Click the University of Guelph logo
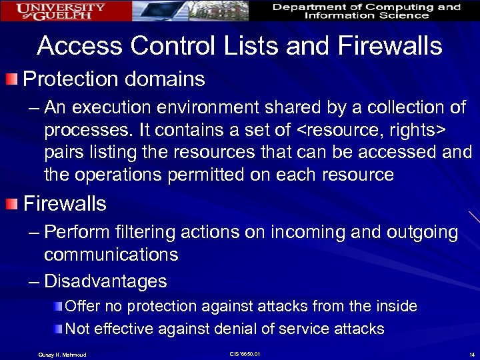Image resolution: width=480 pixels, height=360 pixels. [x=62, y=11]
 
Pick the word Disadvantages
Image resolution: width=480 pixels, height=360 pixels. [x=105, y=281]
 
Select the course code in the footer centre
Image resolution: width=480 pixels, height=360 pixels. [x=244, y=353]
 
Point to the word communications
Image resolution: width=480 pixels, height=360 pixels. [x=111, y=255]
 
